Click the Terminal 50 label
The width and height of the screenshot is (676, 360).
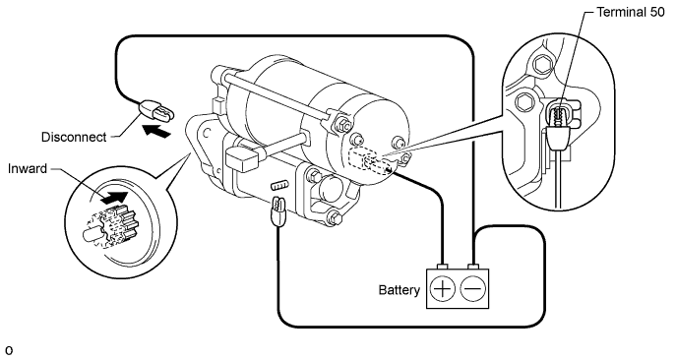tap(631, 12)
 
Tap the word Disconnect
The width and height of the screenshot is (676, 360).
tap(74, 137)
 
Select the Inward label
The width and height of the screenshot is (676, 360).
tap(28, 168)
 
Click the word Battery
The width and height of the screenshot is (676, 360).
tap(399, 290)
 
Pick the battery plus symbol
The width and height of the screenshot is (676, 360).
tap(443, 289)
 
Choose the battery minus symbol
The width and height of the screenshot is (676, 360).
tap(473, 289)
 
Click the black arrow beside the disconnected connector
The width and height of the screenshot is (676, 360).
tap(156, 131)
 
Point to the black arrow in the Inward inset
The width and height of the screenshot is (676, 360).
tap(114, 197)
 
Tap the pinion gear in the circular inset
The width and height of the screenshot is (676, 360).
tap(109, 229)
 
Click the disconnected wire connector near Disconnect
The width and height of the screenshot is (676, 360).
tap(155, 110)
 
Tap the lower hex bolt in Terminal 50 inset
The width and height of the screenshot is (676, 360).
tap(525, 102)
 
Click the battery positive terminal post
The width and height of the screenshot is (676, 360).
tap(443, 266)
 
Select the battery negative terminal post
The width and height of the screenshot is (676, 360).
tap(473, 266)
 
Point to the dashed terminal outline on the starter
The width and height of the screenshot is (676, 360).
tap(370, 160)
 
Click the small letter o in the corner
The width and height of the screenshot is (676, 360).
tap(9, 350)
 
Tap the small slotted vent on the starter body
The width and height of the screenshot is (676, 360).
tap(279, 186)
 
